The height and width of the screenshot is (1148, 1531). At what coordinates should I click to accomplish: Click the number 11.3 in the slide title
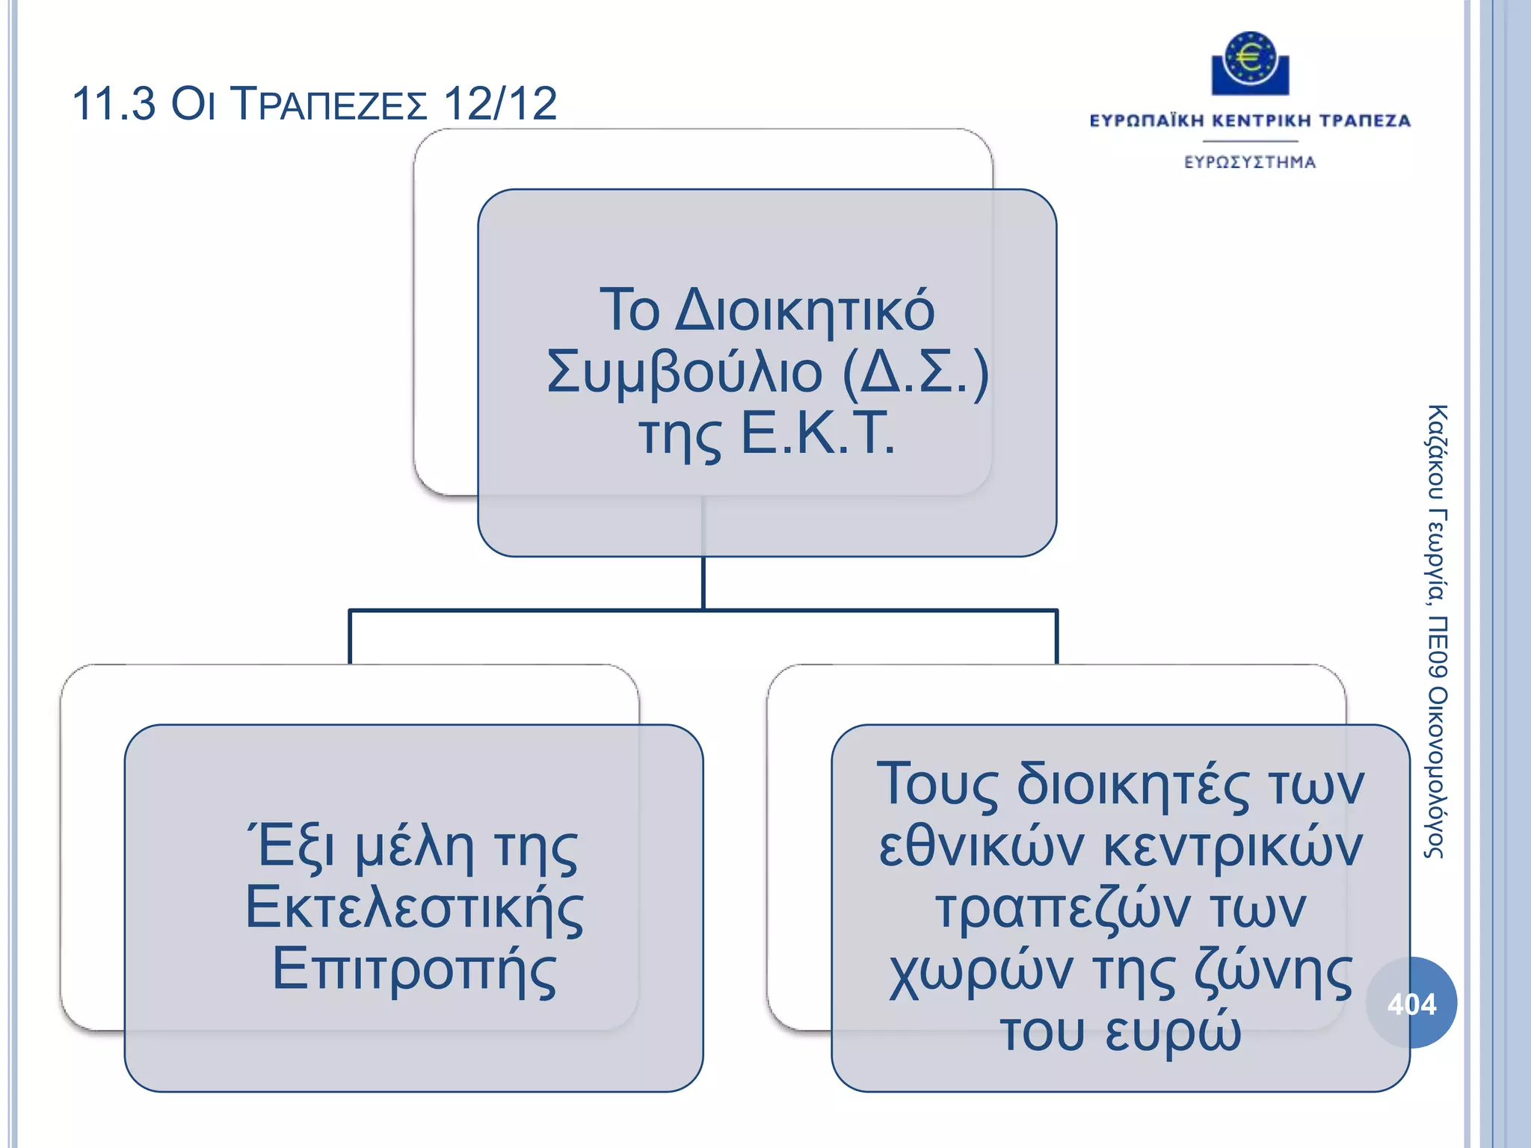[114, 103]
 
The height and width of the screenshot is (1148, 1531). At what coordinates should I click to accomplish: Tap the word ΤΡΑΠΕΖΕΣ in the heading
[329, 105]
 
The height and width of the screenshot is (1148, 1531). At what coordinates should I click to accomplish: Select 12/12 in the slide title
[500, 103]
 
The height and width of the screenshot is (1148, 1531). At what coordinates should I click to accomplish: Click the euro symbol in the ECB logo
[1249, 58]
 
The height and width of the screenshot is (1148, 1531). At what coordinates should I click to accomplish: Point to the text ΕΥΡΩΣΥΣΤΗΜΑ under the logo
[1249, 162]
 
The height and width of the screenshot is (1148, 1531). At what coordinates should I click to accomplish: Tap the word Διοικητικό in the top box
[804, 311]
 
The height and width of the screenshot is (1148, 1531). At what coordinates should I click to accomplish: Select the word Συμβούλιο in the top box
[684, 372]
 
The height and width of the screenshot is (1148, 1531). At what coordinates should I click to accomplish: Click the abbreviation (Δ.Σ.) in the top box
[915, 372]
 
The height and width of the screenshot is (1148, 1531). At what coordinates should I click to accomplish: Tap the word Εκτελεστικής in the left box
[414, 909]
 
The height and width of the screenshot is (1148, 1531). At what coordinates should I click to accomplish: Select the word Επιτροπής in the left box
[414, 970]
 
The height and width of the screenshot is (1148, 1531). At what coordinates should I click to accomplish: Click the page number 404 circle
[1411, 1003]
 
